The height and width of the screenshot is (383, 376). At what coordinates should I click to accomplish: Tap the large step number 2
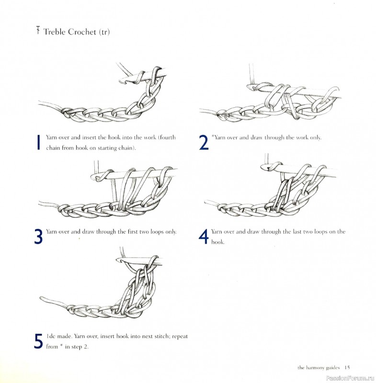tap(204, 142)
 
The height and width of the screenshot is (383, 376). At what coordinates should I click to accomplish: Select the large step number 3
tap(38, 237)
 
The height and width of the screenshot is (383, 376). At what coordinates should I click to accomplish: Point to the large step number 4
tap(204, 237)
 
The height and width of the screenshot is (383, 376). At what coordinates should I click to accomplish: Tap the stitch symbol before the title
tap(37, 32)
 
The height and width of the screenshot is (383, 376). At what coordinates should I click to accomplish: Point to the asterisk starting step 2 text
tap(212, 136)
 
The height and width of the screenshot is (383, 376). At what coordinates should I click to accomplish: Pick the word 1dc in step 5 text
tap(51, 337)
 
